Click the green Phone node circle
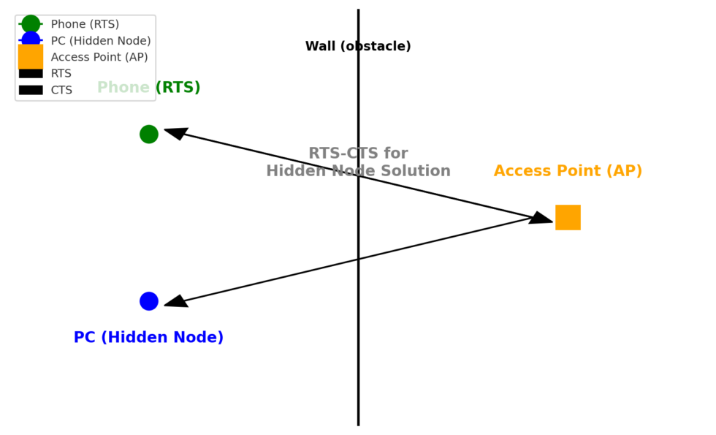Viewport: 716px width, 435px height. (x=149, y=134)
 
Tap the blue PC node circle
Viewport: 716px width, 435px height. (x=149, y=301)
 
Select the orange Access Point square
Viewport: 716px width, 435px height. (x=568, y=217)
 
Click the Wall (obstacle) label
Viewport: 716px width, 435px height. (x=358, y=47)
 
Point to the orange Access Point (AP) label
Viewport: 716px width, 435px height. (x=568, y=171)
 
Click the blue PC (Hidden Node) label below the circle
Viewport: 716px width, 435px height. (x=148, y=338)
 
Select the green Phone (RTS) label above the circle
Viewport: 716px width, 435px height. (x=149, y=88)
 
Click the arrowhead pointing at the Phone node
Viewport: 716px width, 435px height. (x=175, y=133)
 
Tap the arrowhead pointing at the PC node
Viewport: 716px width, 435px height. (x=175, y=301)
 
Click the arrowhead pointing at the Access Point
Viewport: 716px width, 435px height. (x=541, y=218)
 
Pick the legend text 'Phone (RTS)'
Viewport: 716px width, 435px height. (x=85, y=24)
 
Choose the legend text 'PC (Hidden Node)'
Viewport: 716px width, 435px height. (x=101, y=41)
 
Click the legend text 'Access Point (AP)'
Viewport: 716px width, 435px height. (x=99, y=57)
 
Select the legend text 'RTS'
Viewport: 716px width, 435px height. (x=61, y=74)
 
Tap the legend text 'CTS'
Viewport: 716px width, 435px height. (x=61, y=90)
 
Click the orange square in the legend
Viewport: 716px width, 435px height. (x=31, y=56)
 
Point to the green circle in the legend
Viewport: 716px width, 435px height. (x=31, y=24)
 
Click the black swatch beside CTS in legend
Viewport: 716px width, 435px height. (x=31, y=90)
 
